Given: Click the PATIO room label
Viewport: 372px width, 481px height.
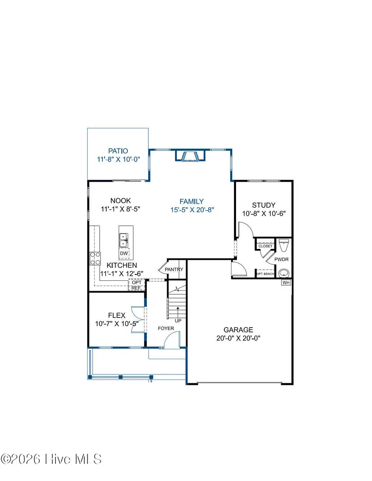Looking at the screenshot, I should tap(118, 151).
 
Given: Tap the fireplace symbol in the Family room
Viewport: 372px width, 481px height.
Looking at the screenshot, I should tap(190, 156).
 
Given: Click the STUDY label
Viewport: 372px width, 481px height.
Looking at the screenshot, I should tap(264, 205).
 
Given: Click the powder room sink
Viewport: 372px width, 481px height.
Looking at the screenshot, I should tap(284, 273).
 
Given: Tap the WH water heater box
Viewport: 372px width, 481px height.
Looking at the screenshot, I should tap(286, 283).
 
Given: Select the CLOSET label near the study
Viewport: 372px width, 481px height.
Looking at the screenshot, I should tap(265, 246).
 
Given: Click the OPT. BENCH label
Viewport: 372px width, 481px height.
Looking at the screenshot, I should tap(265, 274).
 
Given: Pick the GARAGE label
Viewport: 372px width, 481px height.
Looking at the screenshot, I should tap(238, 329).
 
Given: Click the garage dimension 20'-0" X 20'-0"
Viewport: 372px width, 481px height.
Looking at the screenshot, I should tap(238, 338).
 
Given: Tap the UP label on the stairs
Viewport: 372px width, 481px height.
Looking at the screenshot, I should tap(178, 320).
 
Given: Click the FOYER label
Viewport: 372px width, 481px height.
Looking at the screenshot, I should tap(166, 328).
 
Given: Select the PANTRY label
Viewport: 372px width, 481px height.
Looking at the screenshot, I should tap(174, 270).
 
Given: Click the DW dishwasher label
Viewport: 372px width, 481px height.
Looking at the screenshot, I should tap(124, 254).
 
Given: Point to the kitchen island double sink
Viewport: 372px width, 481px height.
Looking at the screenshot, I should tap(124, 237).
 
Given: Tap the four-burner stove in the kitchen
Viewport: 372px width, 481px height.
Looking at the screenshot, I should tap(95, 258).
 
